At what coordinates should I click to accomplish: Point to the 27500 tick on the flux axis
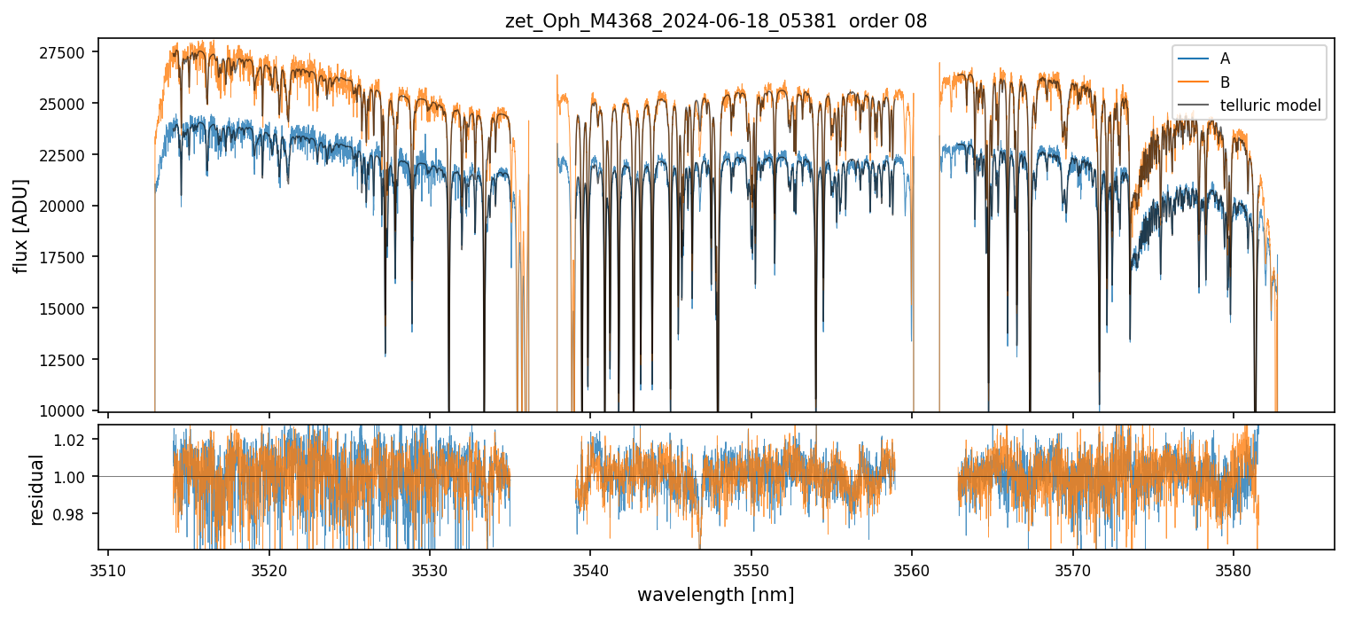pos(66,52)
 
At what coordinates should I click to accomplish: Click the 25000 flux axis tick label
pos(66,104)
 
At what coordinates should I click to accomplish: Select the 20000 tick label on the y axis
pos(66,206)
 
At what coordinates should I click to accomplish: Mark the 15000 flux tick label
pos(66,308)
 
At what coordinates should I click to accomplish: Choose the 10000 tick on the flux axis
pos(66,410)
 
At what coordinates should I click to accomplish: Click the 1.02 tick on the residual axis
pos(73,440)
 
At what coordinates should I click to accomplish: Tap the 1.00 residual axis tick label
pos(73,477)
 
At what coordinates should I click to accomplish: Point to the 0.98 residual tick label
pos(73,514)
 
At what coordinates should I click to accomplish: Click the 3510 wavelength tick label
pos(108,568)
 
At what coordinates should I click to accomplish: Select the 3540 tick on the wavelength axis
pos(590,568)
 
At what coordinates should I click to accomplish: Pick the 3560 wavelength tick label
pos(912,568)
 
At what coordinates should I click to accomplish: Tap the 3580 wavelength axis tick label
pos(1234,568)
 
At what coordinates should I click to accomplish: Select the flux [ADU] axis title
pos(20,225)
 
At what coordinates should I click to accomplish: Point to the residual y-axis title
pos(36,488)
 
